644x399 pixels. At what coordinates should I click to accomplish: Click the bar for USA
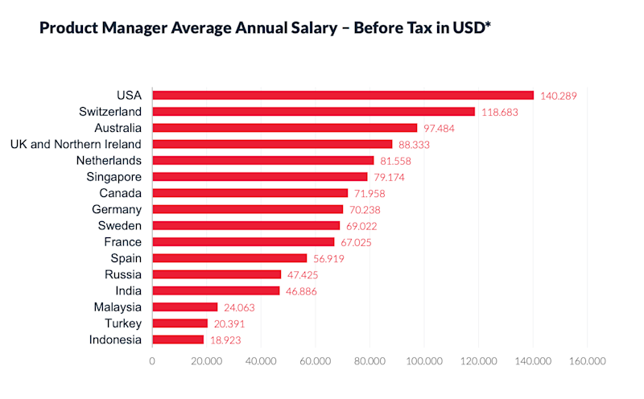pos(343,95)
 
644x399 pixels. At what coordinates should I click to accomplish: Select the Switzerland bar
pos(314,111)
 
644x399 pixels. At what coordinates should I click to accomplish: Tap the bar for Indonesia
pos(178,339)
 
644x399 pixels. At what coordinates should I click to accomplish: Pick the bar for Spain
pos(229,258)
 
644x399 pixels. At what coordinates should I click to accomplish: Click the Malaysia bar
pos(185,306)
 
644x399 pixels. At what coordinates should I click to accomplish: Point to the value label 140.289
pos(559,96)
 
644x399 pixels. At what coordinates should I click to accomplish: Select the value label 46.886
pos(301,291)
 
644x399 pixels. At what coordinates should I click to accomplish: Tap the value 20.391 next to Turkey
pos(229,323)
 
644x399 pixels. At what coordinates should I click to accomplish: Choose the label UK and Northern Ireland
pos(76,144)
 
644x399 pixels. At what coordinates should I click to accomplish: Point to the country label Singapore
pos(114,176)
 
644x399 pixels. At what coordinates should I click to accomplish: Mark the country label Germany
pos(117,209)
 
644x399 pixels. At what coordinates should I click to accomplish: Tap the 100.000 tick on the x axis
pos(423,361)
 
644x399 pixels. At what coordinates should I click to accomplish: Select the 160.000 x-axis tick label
pos(587,361)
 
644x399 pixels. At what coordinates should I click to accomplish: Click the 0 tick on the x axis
pos(152,361)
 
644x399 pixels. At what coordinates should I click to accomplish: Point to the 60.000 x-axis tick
pos(315,361)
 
